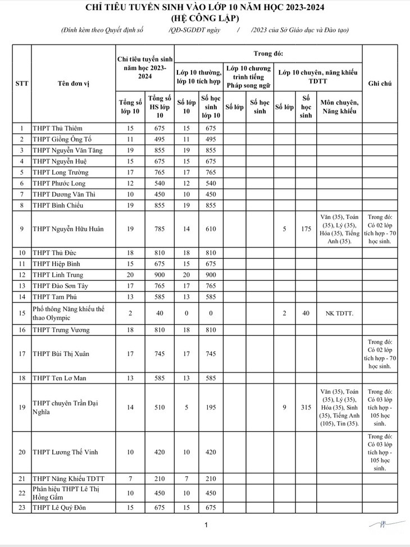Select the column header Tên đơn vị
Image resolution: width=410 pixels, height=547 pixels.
pos(74,84)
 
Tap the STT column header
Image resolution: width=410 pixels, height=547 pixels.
pos(22,84)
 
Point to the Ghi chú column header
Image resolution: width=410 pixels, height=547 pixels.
pos(380,84)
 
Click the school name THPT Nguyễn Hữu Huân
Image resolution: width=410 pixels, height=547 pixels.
pos(68,229)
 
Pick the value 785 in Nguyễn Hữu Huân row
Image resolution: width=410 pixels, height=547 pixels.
pos(160,229)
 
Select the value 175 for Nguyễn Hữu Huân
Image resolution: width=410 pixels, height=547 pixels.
pos(306,229)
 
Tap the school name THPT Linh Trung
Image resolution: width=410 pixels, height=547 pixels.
pos(58,275)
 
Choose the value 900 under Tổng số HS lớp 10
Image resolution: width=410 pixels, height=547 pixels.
pos(160,275)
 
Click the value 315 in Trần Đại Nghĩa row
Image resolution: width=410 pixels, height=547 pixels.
pos(306,407)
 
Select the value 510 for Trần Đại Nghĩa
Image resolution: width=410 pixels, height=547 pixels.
pos(160,407)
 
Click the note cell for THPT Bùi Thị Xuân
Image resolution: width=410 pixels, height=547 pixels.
pos(380,353)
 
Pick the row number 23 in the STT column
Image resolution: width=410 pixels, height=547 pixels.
pos(22,508)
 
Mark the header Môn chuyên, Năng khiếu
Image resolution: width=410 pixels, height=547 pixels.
pos(339,107)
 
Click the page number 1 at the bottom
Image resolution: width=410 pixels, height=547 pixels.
pos(206,525)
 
